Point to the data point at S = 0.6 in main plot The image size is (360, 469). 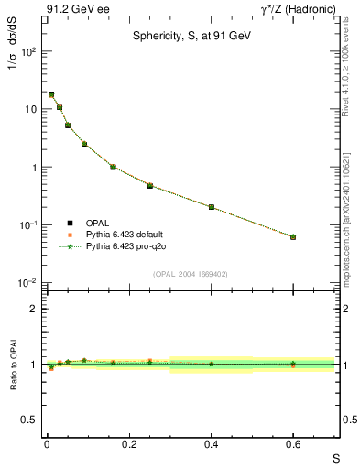coord(293,236)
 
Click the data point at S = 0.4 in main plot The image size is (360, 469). coord(212,207)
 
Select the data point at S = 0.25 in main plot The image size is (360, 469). coord(150,186)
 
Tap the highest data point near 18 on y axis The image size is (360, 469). coord(51,94)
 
